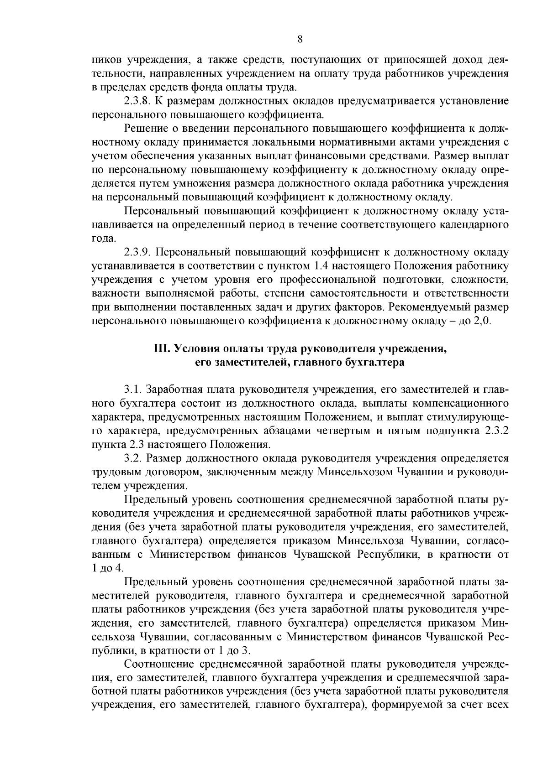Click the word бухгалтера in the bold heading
381,363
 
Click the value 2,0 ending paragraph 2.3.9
482,321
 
